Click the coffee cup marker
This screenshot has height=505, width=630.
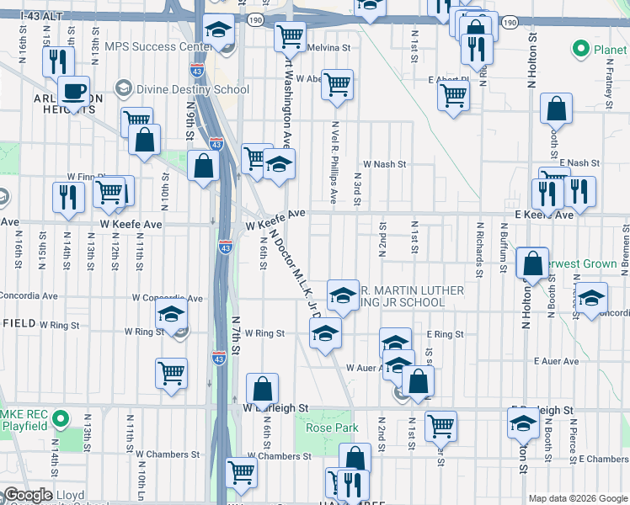click(73, 91)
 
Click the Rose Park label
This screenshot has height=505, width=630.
click(332, 428)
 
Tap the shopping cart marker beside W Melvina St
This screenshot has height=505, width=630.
click(290, 36)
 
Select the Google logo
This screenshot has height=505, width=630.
click(27, 495)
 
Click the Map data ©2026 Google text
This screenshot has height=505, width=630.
click(577, 498)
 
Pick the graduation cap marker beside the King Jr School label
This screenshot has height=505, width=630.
click(343, 295)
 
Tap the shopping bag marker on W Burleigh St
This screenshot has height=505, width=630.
click(263, 389)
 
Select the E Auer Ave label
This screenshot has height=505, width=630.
click(557, 361)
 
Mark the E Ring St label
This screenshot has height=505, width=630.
click(445, 334)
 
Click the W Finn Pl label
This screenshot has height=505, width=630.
click(84, 177)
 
